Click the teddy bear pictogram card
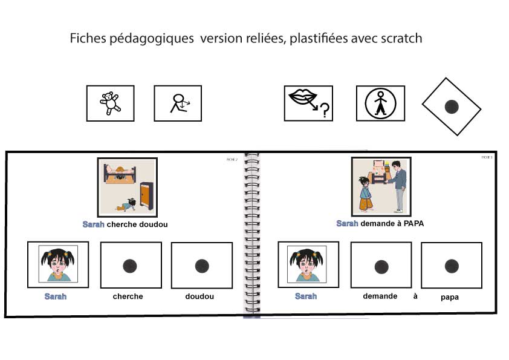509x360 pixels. coord(110,103)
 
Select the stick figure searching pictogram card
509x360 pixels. coord(178,103)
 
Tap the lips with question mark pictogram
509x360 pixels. coord(308,103)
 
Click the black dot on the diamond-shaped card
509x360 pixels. coord(452,108)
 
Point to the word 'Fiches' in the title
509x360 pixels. coord(88,38)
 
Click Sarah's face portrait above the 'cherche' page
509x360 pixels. coord(58,264)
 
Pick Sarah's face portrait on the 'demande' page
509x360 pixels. coord(307,264)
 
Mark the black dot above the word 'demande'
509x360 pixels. coord(381,266)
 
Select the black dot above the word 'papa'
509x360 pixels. coord(451,266)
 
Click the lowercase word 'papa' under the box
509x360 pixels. coord(450,298)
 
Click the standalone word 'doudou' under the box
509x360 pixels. coord(199,296)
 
